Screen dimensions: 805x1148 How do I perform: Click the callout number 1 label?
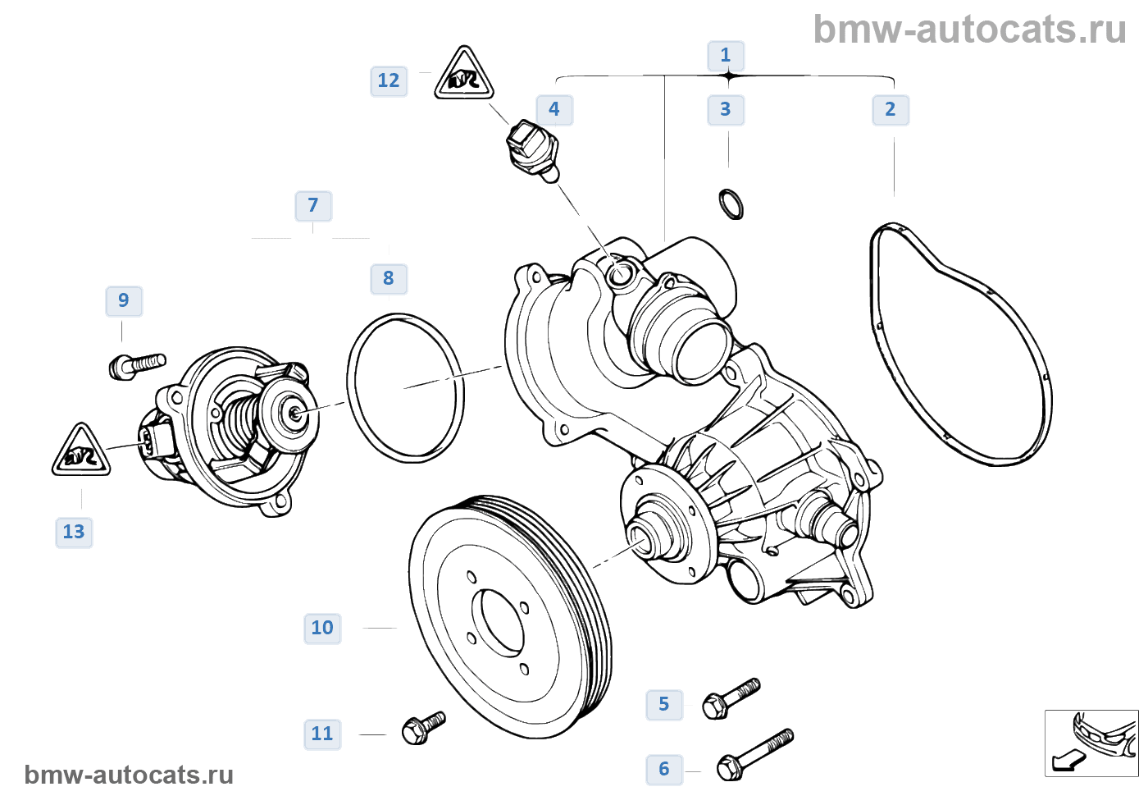click(x=726, y=56)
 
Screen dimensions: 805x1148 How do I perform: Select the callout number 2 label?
click(x=891, y=110)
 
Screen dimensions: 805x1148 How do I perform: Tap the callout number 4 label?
click(x=554, y=110)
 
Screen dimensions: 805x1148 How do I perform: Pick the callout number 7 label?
click(x=313, y=206)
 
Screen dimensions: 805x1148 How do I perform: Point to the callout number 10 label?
click(x=322, y=629)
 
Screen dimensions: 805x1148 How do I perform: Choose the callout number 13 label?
click(x=74, y=533)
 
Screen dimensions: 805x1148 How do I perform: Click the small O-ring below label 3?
click(x=731, y=204)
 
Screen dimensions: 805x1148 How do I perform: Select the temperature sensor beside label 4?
click(x=533, y=150)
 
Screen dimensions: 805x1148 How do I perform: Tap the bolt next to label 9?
click(x=137, y=365)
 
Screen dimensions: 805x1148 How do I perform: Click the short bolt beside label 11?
click(x=423, y=728)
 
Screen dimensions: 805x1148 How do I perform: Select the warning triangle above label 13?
click(x=81, y=452)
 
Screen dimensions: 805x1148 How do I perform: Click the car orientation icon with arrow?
click(x=1091, y=743)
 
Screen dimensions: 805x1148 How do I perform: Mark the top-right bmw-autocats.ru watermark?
click(x=969, y=30)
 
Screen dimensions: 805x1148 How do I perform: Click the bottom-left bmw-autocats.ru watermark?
click(x=129, y=775)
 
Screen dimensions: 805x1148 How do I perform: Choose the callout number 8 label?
click(x=389, y=279)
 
